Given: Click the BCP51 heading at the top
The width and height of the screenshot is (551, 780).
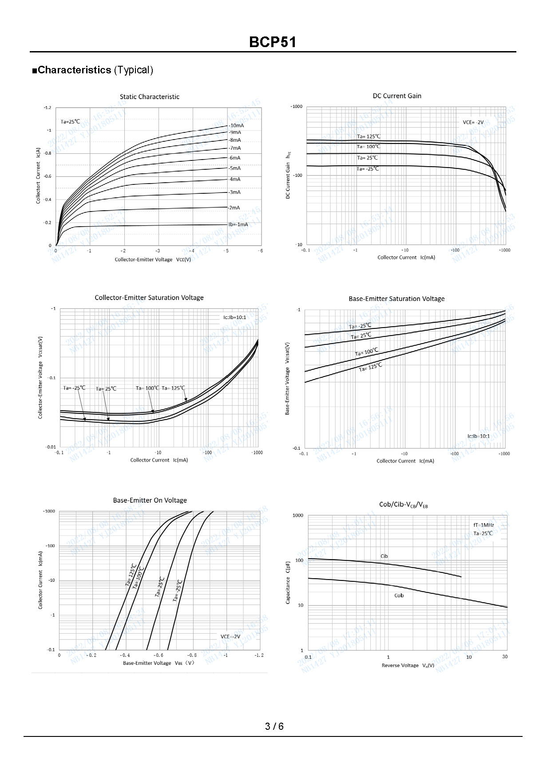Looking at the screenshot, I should coord(272,42).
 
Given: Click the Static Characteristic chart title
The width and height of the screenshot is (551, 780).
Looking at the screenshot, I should coord(150,97).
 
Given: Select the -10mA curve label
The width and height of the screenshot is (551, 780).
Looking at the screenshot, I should coord(236,125).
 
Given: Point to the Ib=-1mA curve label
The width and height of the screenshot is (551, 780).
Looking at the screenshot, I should coord(238,224).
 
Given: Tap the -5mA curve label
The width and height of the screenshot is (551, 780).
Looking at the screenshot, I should coord(234,168).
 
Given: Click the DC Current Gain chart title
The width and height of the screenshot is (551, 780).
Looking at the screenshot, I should coord(397,96).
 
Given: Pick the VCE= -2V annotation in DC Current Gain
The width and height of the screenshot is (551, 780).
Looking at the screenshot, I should coord(473,122).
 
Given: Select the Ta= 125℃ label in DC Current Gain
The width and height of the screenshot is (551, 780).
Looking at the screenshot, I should coord(369,136).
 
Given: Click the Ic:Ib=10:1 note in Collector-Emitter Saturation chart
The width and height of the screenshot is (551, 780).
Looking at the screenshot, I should coord(234,317).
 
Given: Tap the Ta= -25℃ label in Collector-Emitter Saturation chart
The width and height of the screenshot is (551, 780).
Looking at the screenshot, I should coord(74,388).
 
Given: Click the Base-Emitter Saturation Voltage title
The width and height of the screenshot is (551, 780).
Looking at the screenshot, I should coord(396,299).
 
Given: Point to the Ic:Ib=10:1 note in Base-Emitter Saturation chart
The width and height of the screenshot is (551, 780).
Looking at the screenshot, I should coord(478,436).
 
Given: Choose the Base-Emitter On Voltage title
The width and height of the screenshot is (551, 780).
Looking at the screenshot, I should coord(150,500).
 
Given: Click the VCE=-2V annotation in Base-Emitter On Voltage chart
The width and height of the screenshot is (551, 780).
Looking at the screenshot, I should coord(230,636).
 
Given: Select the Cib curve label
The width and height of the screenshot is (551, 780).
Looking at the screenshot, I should coord(384,556).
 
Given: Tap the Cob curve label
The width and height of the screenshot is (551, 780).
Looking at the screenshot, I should coord(399,596).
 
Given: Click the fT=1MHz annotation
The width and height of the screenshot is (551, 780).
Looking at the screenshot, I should coord(484,525).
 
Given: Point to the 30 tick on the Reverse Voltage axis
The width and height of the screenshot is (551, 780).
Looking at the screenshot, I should coord(505,656).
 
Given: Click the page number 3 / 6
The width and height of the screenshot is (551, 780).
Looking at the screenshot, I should coord(274,726).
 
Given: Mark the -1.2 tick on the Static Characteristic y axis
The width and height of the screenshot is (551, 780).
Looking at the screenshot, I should coord(48,108).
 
